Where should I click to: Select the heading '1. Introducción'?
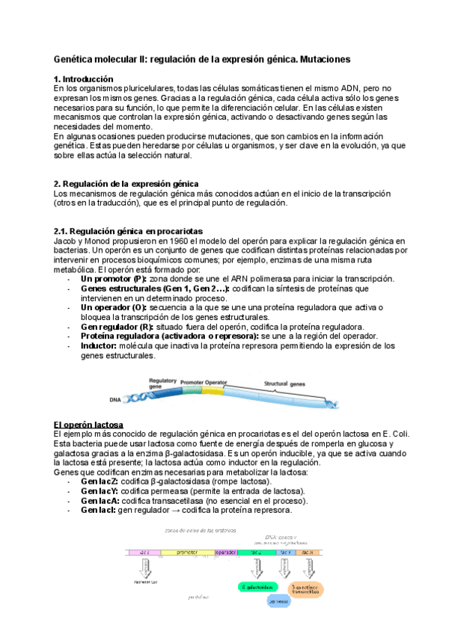(84, 79)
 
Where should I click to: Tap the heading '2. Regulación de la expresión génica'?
(126, 184)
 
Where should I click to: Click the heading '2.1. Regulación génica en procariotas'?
(128, 231)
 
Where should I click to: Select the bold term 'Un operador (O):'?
(114, 307)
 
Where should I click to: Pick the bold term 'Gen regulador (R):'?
(117, 327)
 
